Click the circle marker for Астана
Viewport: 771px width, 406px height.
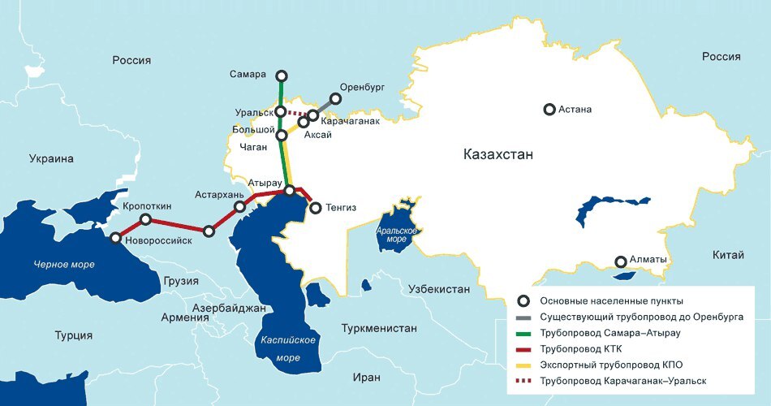[549, 109]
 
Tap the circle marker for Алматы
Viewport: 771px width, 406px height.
[621, 261]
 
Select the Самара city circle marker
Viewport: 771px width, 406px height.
[281, 77]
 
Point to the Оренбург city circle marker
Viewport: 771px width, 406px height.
[335, 100]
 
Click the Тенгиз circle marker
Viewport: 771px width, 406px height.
[315, 209]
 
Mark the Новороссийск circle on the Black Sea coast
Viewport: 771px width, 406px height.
[116, 239]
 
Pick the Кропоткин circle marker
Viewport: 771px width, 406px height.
[145, 220]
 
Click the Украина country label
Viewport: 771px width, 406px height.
[51, 159]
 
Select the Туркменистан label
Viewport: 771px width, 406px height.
[379, 329]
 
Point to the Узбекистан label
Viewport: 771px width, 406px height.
[439, 289]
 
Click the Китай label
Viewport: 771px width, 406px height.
[727, 256]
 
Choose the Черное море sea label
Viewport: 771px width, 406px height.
[63, 265]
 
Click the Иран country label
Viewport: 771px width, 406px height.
[366, 378]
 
